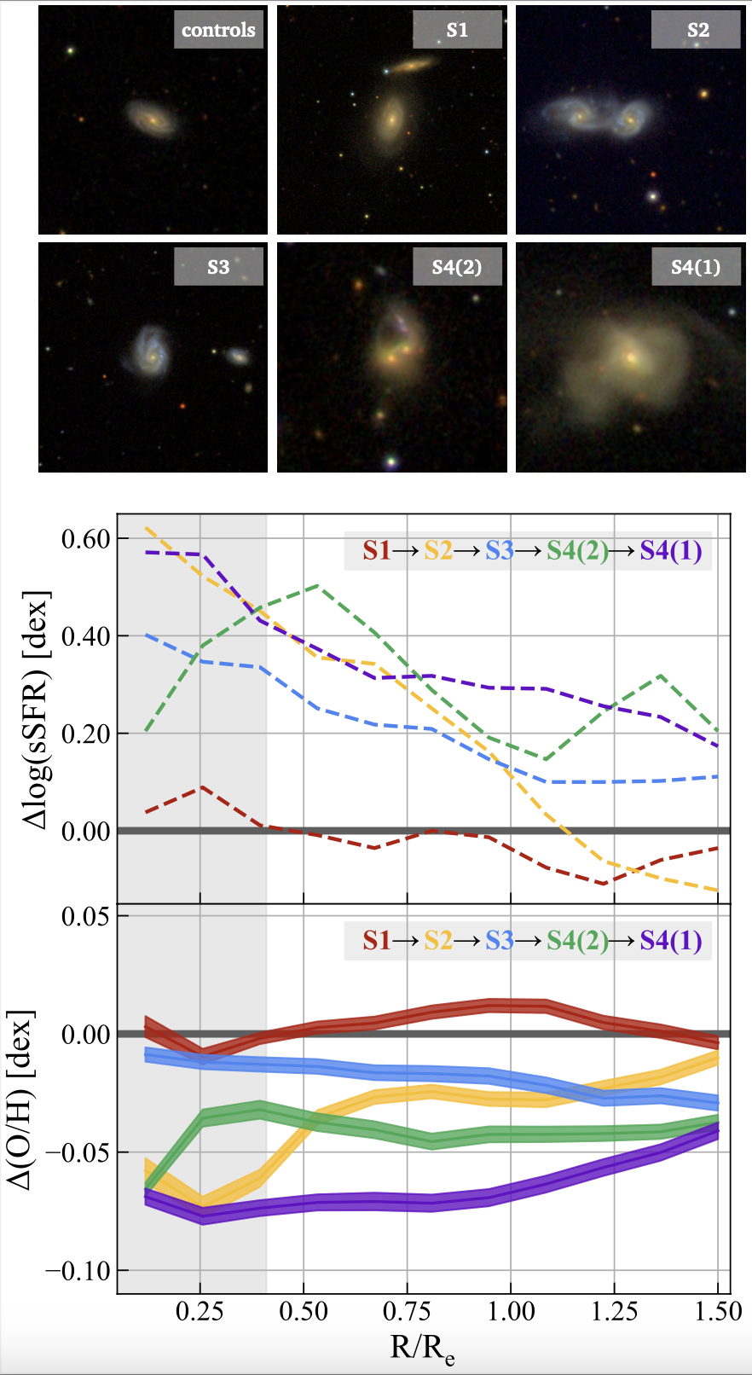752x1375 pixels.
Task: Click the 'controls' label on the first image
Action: coord(218,30)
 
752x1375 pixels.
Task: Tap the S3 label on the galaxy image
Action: coord(218,267)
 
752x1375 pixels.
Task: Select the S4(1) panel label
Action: coord(696,267)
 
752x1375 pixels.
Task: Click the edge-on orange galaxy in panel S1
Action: coord(414,65)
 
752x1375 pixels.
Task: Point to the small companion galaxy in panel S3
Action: coord(238,356)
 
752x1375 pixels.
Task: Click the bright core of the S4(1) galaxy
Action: coord(631,357)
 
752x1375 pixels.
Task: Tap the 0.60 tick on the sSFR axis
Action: coord(86,539)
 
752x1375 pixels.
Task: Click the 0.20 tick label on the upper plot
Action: coord(86,734)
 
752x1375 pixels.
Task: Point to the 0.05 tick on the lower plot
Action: coord(86,916)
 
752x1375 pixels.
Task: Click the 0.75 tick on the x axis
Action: coord(408,1311)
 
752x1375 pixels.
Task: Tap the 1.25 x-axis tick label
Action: coord(615,1311)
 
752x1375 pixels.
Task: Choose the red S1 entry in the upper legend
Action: coord(376,551)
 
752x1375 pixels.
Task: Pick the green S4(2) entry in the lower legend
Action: coord(577,940)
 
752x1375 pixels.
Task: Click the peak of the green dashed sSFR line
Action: coord(317,585)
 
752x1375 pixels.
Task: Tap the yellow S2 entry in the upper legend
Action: coord(438,551)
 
